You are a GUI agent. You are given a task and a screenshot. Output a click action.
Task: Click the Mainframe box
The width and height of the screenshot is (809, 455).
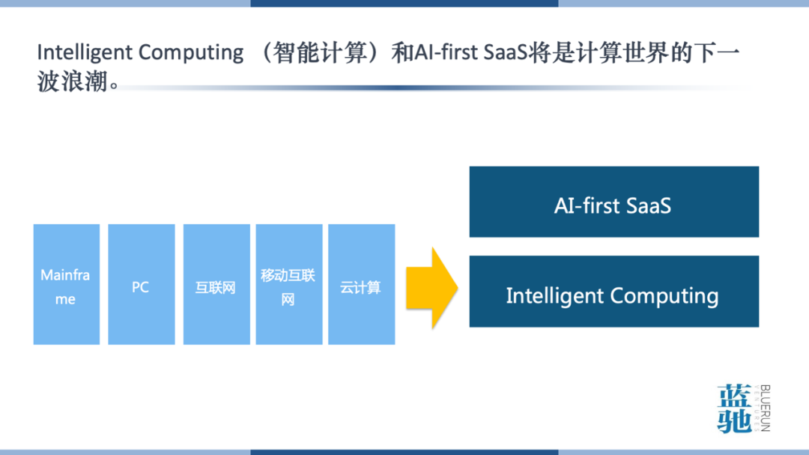click(66, 285)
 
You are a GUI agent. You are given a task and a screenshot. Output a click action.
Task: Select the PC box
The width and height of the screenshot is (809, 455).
click(141, 285)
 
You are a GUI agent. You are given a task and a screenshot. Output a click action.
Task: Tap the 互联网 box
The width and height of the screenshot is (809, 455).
click(216, 285)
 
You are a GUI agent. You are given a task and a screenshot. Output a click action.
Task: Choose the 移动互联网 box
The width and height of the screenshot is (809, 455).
click(288, 285)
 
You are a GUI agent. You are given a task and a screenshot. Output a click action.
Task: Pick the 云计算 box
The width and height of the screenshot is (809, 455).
click(361, 285)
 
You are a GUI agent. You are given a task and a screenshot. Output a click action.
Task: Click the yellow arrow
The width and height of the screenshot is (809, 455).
click(431, 288)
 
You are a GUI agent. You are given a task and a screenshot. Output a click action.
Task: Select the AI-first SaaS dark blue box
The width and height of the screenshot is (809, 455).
click(613, 202)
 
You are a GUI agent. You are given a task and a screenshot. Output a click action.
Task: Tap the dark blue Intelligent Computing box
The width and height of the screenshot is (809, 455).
click(613, 292)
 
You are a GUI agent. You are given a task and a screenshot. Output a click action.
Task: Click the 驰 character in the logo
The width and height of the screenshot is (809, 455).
click(734, 421)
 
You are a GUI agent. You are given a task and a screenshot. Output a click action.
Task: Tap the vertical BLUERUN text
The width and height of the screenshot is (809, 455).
click(765, 409)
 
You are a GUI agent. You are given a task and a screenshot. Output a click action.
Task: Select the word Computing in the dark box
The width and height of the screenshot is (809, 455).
click(664, 296)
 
